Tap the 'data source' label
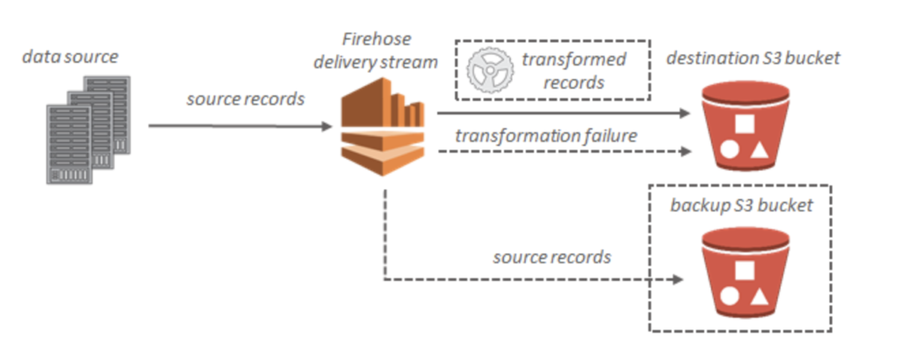(70, 58)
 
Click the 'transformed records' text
(573, 71)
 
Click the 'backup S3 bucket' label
(740, 207)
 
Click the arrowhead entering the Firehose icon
(333, 126)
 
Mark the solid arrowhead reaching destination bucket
(684, 113)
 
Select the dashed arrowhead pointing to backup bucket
(677, 281)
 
